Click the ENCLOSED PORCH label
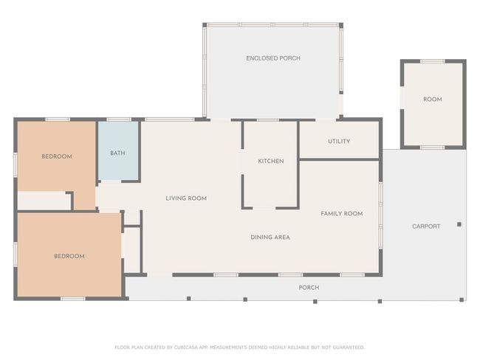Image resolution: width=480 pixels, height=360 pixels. click(273, 58)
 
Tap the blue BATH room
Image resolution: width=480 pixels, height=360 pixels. click(118, 150)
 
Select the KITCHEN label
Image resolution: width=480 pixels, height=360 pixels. click(271, 161)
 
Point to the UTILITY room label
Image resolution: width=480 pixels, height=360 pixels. click(339, 142)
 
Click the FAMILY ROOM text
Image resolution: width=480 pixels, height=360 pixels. click(342, 213)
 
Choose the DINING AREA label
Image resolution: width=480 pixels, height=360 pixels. click(270, 237)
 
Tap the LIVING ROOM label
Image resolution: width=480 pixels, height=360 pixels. click(186, 198)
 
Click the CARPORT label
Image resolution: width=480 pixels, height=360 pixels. click(426, 226)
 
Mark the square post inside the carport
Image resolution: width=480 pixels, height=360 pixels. click(459, 224)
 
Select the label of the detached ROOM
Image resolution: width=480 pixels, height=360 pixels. click(432, 100)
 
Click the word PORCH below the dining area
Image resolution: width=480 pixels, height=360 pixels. click(309, 288)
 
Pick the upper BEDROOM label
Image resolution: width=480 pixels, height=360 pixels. click(57, 156)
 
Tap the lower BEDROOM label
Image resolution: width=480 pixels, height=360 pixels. click(69, 256)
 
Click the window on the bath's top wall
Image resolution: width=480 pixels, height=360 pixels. click(119, 120)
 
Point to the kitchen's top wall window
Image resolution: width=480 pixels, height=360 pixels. click(268, 120)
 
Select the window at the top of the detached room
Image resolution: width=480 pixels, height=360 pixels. click(432, 61)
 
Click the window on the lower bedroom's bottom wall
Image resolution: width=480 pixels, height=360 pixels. click(73, 299)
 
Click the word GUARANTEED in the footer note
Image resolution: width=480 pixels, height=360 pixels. click(349, 347)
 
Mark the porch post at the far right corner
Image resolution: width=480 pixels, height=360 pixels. click(462, 300)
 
